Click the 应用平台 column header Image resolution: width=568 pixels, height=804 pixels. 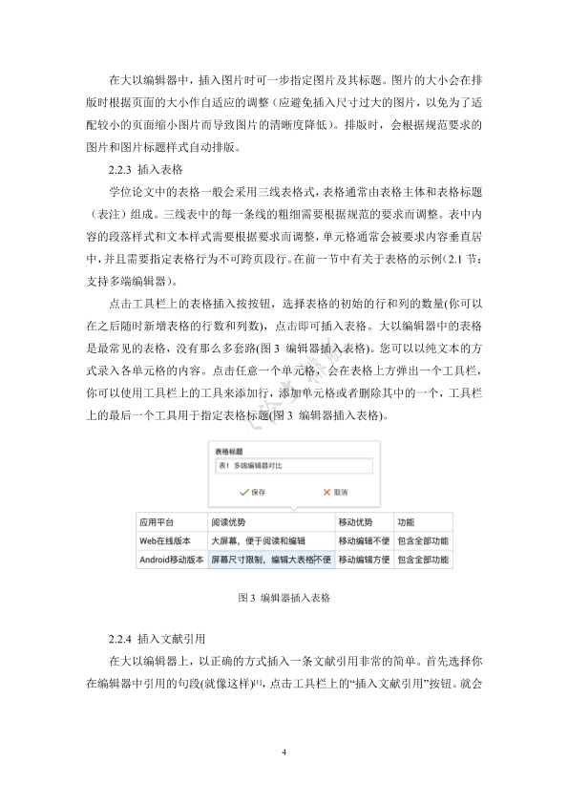pyautogui.click(x=157, y=523)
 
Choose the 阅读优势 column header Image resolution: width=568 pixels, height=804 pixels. pyautogui.click(x=229, y=523)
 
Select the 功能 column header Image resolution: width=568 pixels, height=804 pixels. pyautogui.click(x=406, y=523)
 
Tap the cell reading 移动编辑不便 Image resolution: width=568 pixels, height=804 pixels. pyautogui.click(x=364, y=541)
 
